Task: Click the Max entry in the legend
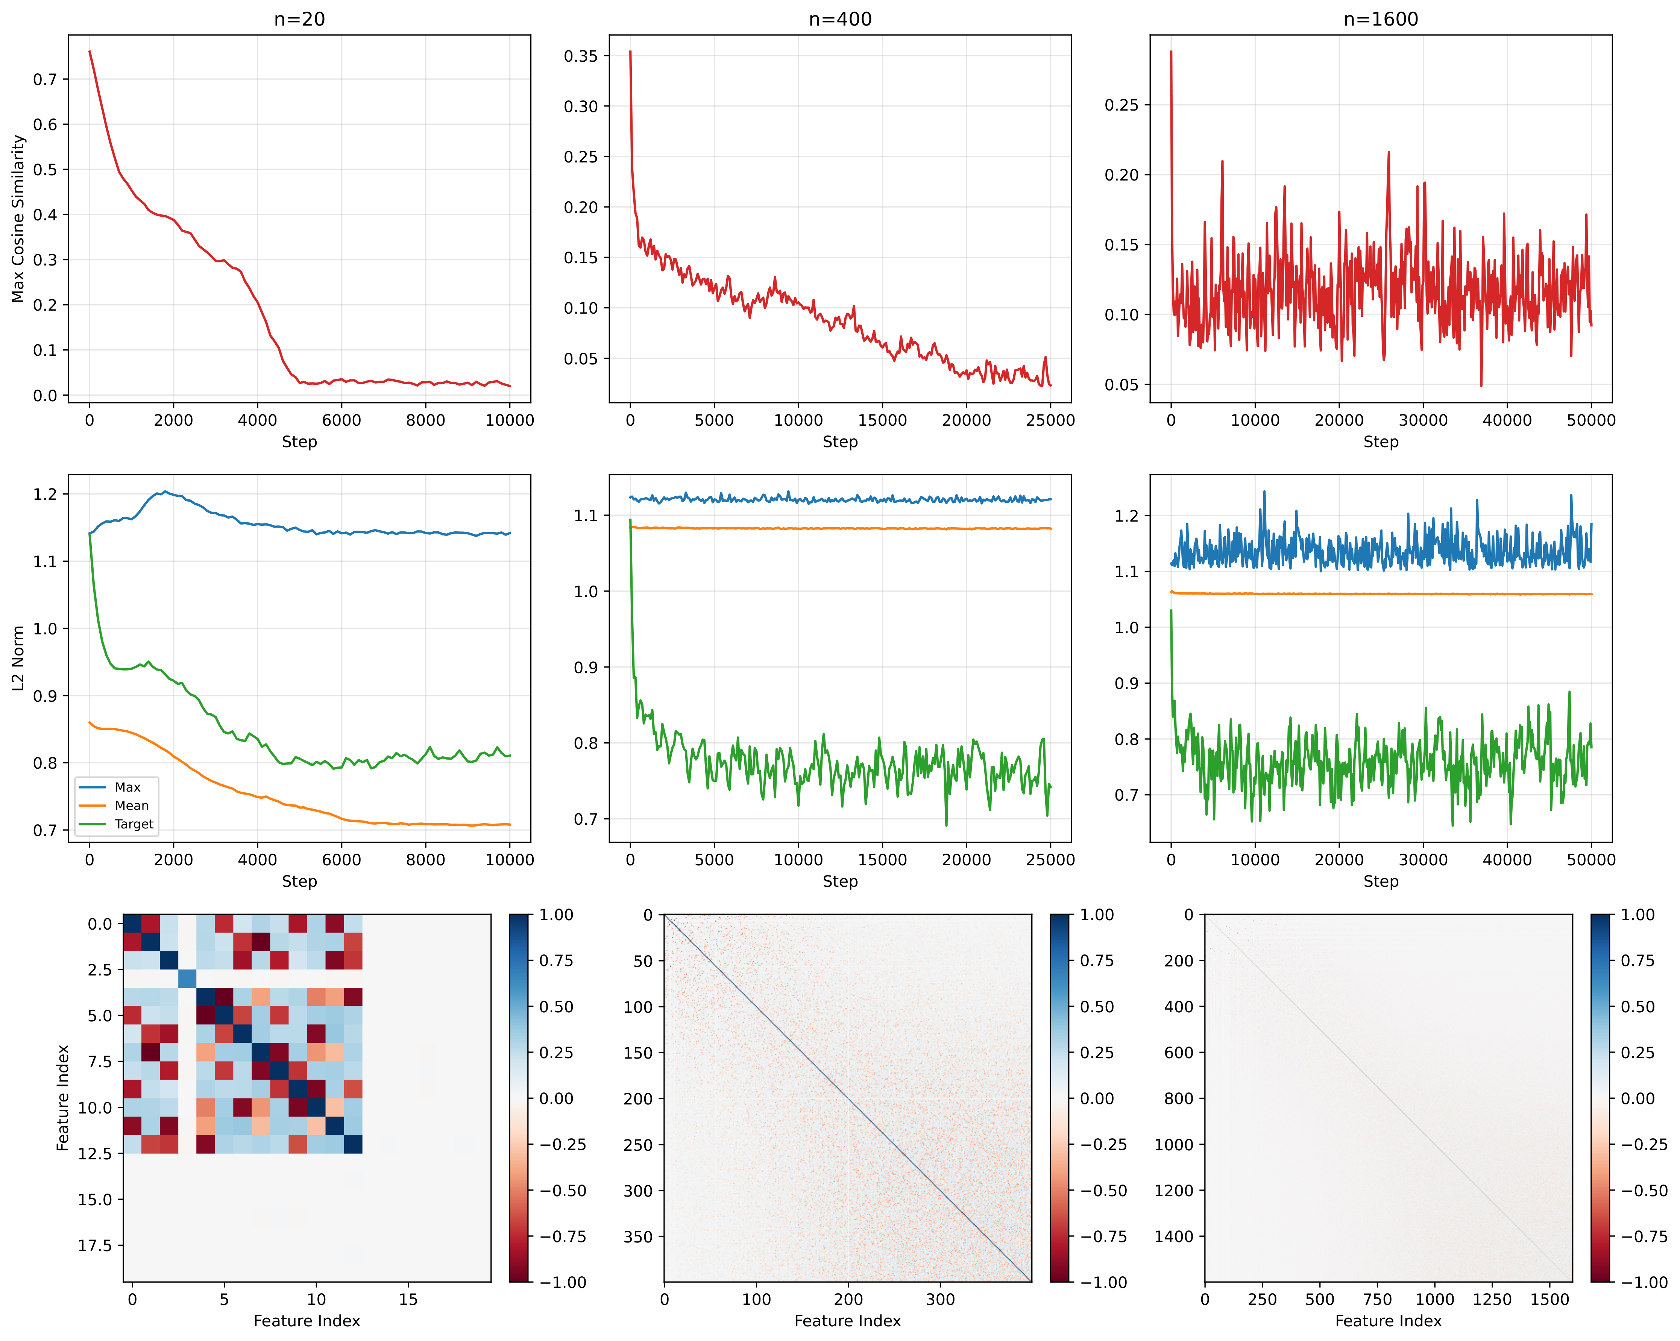pyautogui.click(x=128, y=787)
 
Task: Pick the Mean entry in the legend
pyautogui.click(x=132, y=806)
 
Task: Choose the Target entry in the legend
pyautogui.click(x=134, y=824)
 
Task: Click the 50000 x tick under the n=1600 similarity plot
pyautogui.click(x=1591, y=420)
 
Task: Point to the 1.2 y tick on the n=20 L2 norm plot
pyautogui.click(x=45, y=494)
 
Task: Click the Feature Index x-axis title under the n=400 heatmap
pyautogui.click(x=848, y=1321)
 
